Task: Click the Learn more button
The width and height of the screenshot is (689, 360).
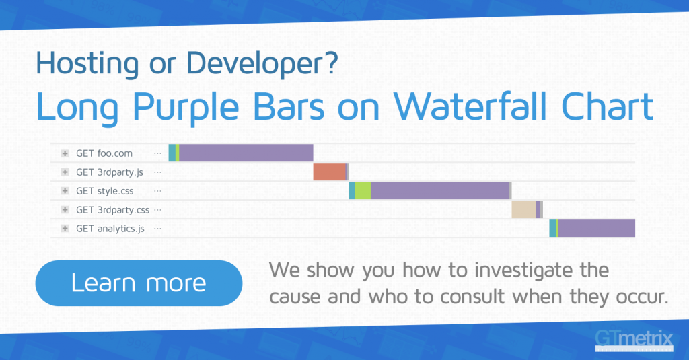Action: click(x=139, y=283)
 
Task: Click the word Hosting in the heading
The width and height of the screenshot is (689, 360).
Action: click(x=87, y=64)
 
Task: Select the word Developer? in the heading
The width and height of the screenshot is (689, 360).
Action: click(x=262, y=64)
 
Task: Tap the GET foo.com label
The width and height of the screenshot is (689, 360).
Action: click(x=104, y=153)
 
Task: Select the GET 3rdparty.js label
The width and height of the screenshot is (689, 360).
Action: click(x=110, y=172)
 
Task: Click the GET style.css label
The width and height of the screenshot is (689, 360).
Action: click(x=104, y=191)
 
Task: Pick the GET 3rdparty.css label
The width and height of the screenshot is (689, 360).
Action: click(x=112, y=210)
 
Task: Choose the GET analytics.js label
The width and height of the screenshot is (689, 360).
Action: click(x=110, y=229)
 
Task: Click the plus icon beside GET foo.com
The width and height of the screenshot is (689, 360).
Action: click(x=65, y=153)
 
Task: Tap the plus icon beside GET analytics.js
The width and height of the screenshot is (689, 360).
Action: click(x=65, y=229)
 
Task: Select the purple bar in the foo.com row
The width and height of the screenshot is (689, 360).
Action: click(x=246, y=153)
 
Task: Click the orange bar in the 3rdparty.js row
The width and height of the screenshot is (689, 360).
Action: click(x=330, y=172)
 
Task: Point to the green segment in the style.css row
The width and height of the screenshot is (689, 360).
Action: click(x=363, y=191)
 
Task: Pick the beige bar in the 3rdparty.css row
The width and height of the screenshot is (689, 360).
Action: click(x=523, y=210)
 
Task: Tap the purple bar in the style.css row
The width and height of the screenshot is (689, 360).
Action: click(x=440, y=191)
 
